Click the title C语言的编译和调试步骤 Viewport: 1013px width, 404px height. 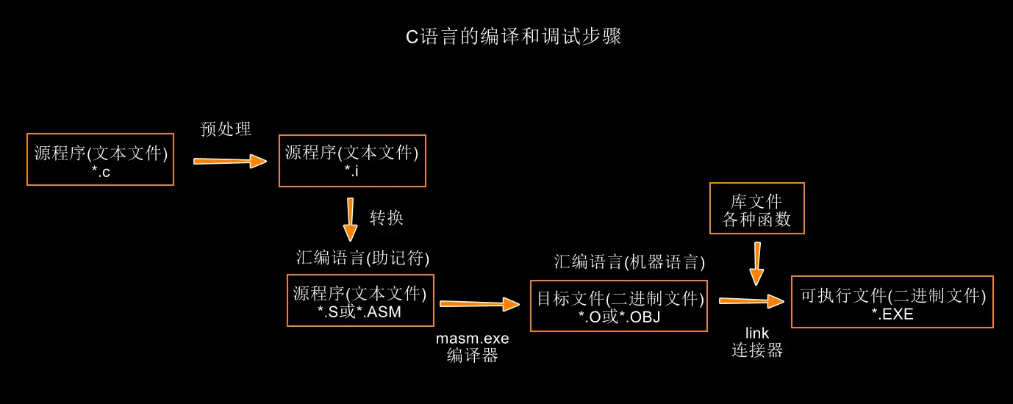pyautogui.click(x=514, y=37)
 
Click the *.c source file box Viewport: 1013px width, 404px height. pyautogui.click(x=101, y=159)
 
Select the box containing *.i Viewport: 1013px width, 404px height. pyautogui.click(x=352, y=160)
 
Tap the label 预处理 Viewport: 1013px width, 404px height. pyautogui.click(x=226, y=129)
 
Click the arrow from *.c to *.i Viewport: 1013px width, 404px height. pyautogui.click(x=230, y=161)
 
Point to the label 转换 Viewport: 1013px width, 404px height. pyautogui.click(x=386, y=218)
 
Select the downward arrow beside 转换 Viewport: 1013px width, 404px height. pyautogui.click(x=350, y=220)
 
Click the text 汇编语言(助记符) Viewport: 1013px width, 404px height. pyautogui.click(x=362, y=258)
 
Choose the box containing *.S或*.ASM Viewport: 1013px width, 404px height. pyautogui.click(x=360, y=300)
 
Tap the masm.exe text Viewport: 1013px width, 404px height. pyautogui.click(x=472, y=339)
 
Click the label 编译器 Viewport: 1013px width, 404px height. pyautogui.click(x=472, y=356)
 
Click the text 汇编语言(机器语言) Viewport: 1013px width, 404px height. pyautogui.click(x=629, y=261)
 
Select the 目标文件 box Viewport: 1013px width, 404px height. pyautogui.click(x=619, y=306)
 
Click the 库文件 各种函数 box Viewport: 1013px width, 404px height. pyautogui.click(x=756, y=209)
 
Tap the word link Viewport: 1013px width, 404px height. pyautogui.click(x=756, y=333)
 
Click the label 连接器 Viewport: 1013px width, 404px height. pyautogui.click(x=756, y=351)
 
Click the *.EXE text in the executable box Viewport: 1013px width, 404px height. pyautogui.click(x=892, y=314)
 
